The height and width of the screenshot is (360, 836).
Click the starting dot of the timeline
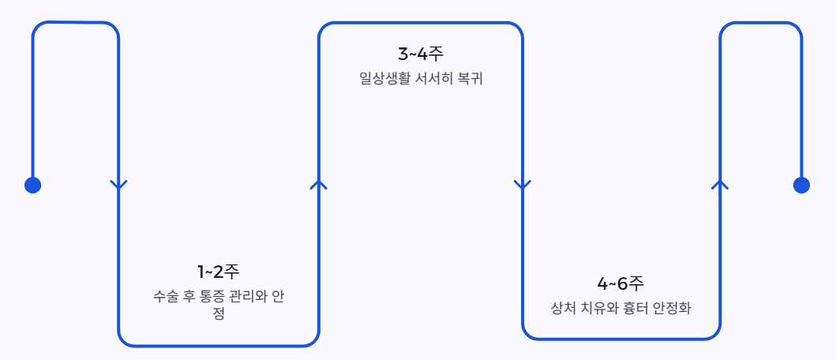click(32, 185)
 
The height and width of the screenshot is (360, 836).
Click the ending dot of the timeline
click(801, 185)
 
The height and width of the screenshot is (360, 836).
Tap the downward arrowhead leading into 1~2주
click(118, 185)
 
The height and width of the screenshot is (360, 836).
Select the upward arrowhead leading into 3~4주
click(319, 185)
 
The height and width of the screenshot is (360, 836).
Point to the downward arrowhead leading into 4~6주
click(522, 185)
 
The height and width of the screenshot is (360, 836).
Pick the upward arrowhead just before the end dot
click(719, 185)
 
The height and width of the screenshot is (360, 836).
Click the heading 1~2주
click(218, 272)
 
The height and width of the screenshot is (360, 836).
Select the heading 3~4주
click(421, 54)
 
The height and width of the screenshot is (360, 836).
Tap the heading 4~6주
click(620, 283)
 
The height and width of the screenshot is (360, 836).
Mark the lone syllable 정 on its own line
click(219, 313)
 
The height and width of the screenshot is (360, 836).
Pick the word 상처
click(563, 308)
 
